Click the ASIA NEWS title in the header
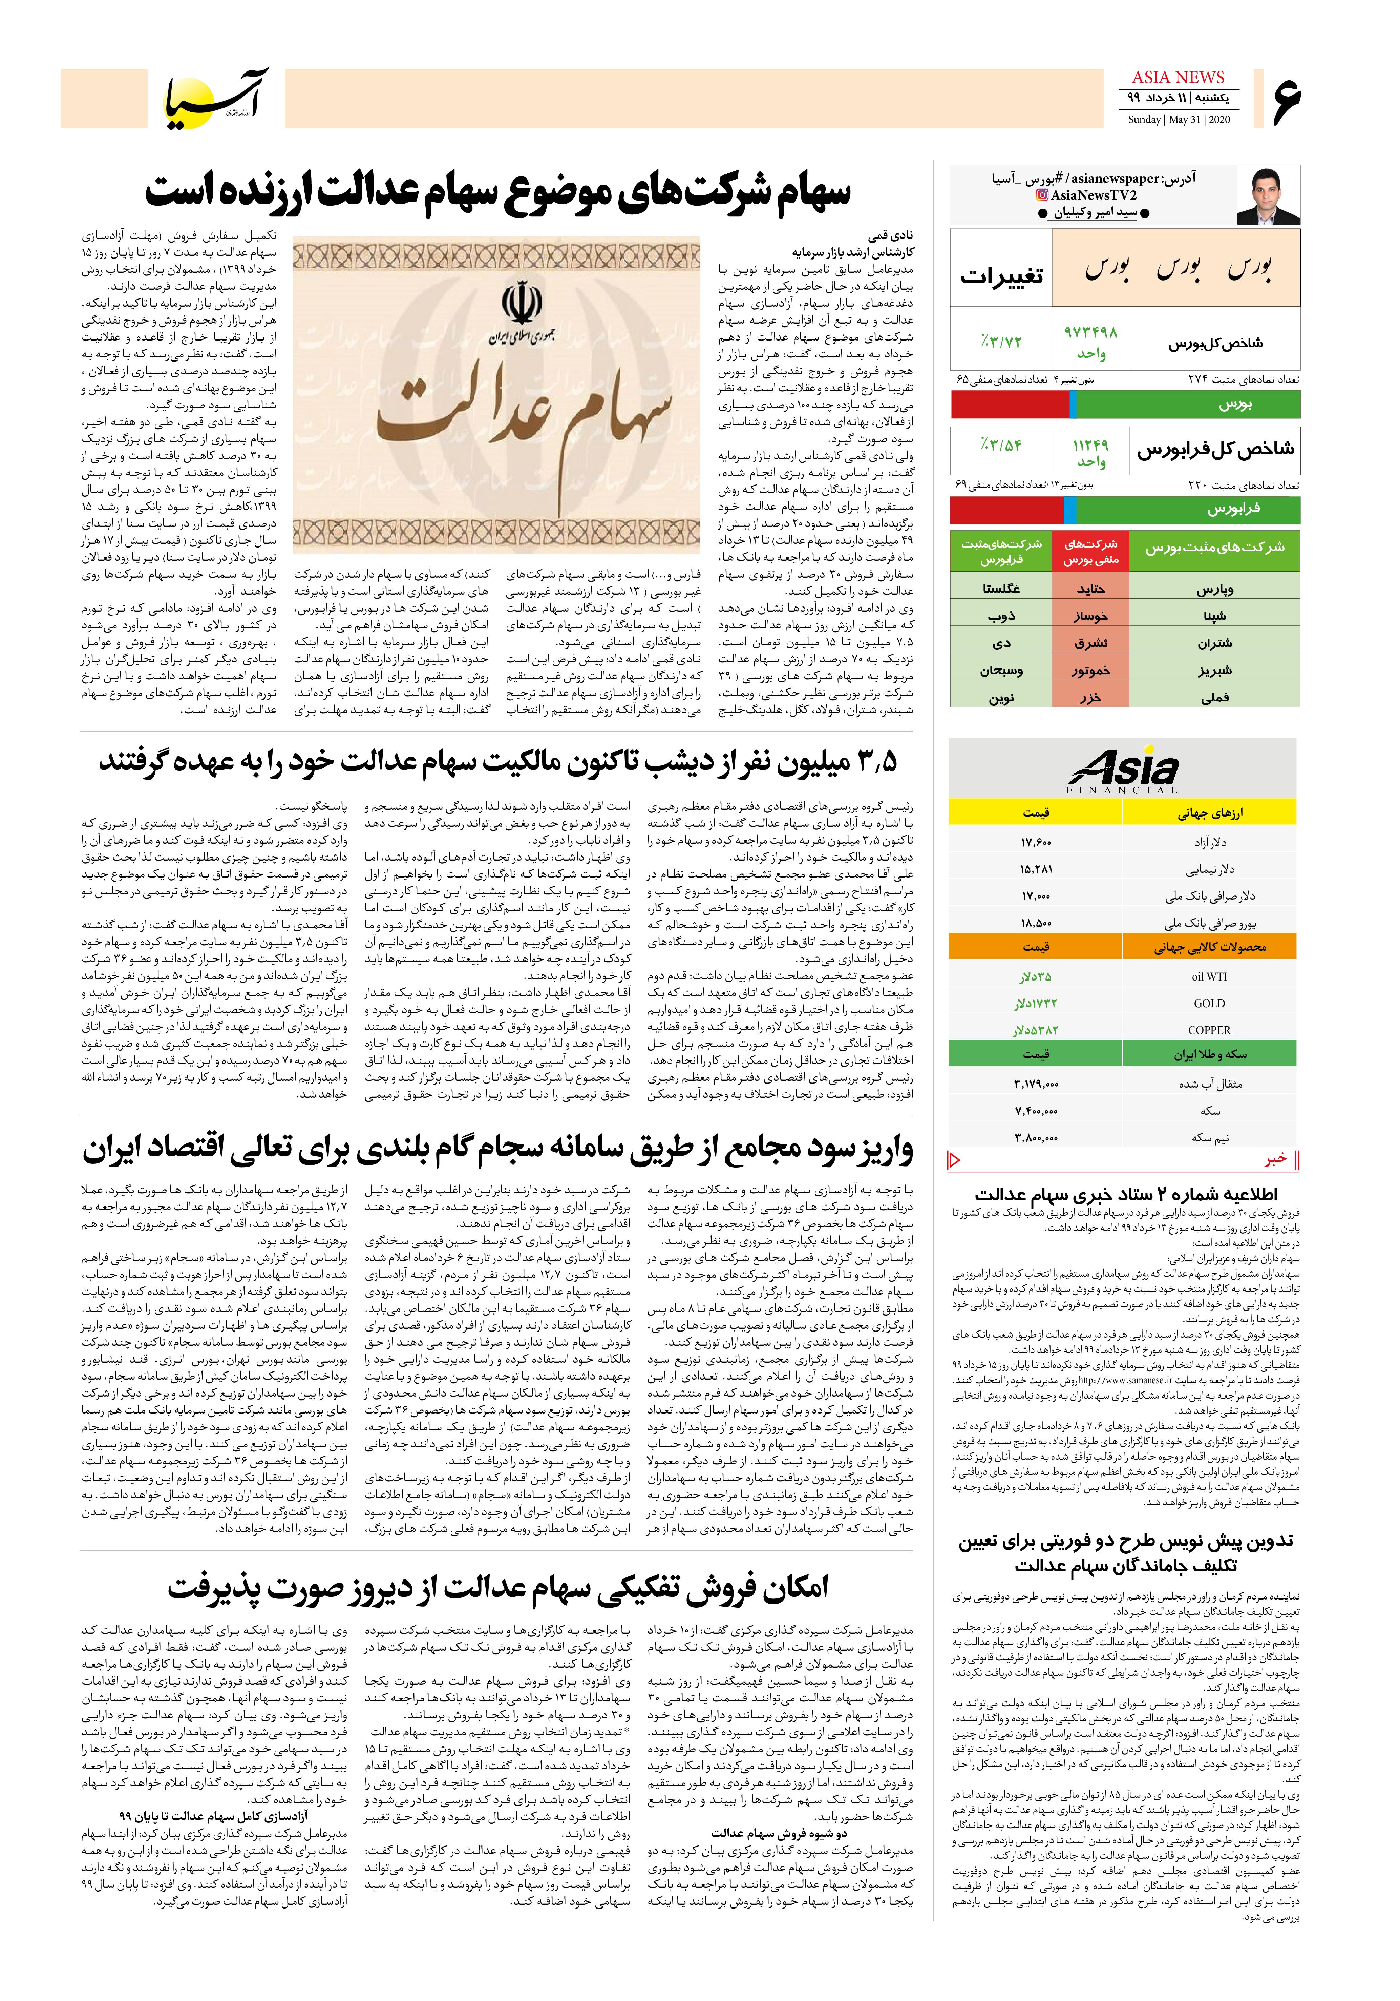point(1178,78)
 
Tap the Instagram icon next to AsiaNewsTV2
point(1041,195)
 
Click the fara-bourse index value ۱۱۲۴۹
point(1090,445)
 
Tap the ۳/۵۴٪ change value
point(1000,445)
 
